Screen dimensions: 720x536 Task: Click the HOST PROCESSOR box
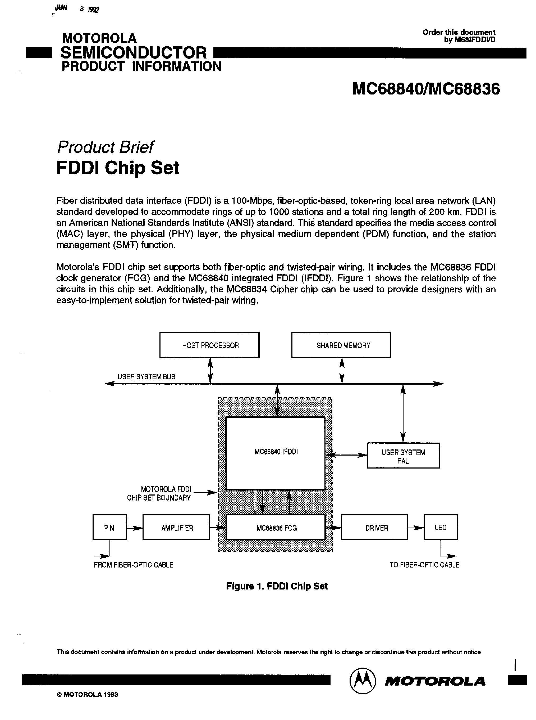click(209, 345)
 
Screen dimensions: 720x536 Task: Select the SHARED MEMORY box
click(341, 345)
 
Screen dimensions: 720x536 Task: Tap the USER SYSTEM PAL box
click(403, 455)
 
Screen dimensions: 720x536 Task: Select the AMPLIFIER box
click(176, 528)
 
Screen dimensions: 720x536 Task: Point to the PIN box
click(109, 528)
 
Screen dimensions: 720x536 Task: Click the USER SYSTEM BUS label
click(146, 377)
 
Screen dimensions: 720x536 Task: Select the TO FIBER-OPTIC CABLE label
click(424, 565)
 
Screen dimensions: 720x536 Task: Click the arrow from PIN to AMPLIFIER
click(135, 528)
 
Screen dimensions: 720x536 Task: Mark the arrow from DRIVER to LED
click(416, 528)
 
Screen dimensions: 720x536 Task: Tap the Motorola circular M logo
click(363, 681)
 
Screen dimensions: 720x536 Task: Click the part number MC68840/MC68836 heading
click(426, 89)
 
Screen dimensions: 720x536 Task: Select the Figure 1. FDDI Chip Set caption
click(277, 586)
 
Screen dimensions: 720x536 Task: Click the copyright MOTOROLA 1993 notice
click(88, 695)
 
